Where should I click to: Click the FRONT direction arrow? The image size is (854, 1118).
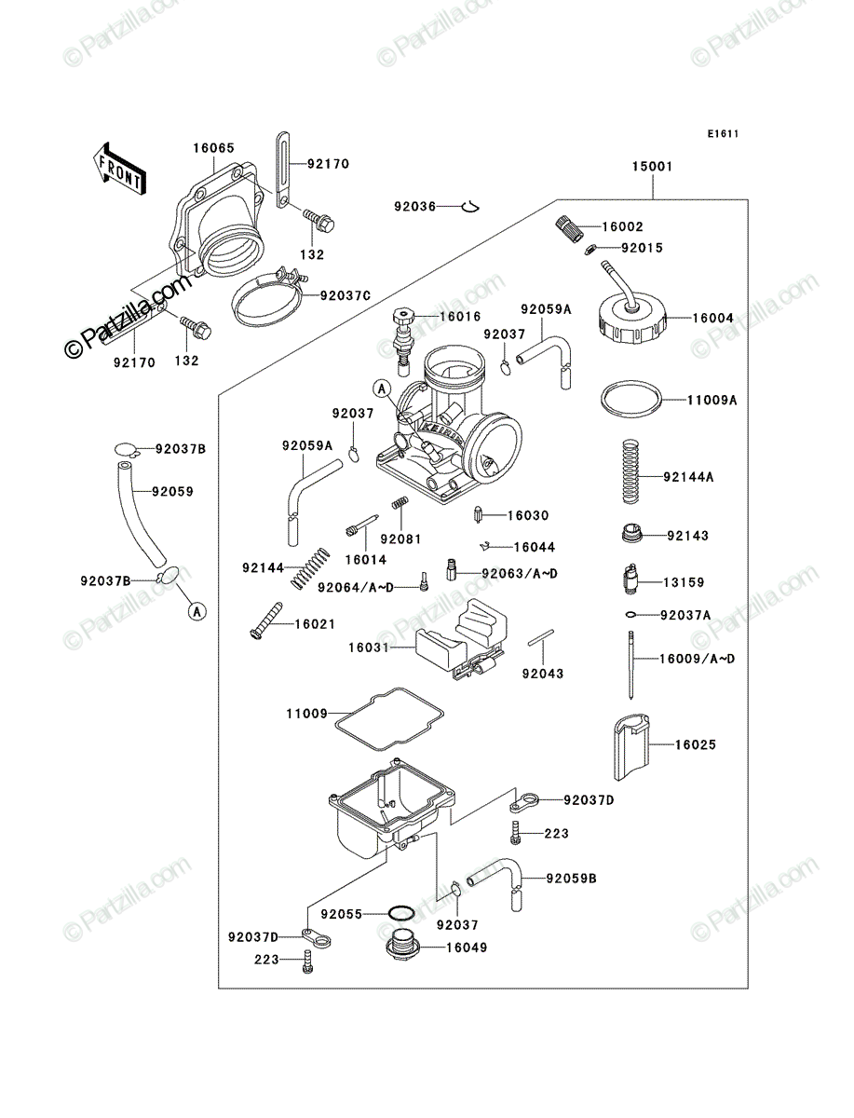pyautogui.click(x=119, y=168)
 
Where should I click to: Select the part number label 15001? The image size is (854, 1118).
pyautogui.click(x=652, y=167)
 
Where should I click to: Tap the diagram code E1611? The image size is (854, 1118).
pyautogui.click(x=723, y=134)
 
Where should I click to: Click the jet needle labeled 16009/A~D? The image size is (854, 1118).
pyautogui.click(x=631, y=665)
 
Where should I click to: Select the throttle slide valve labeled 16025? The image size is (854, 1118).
pyautogui.click(x=631, y=746)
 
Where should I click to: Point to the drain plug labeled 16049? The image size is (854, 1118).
pyautogui.click(x=402, y=947)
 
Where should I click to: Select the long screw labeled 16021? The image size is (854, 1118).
pyautogui.click(x=266, y=620)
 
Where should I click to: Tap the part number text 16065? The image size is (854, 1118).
pyautogui.click(x=213, y=148)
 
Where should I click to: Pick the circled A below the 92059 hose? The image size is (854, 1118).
pyautogui.click(x=197, y=610)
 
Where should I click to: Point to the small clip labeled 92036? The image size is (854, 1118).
pyautogui.click(x=470, y=206)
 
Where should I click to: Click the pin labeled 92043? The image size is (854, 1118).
pyautogui.click(x=540, y=637)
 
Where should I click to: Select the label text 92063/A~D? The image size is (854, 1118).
pyautogui.click(x=520, y=574)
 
